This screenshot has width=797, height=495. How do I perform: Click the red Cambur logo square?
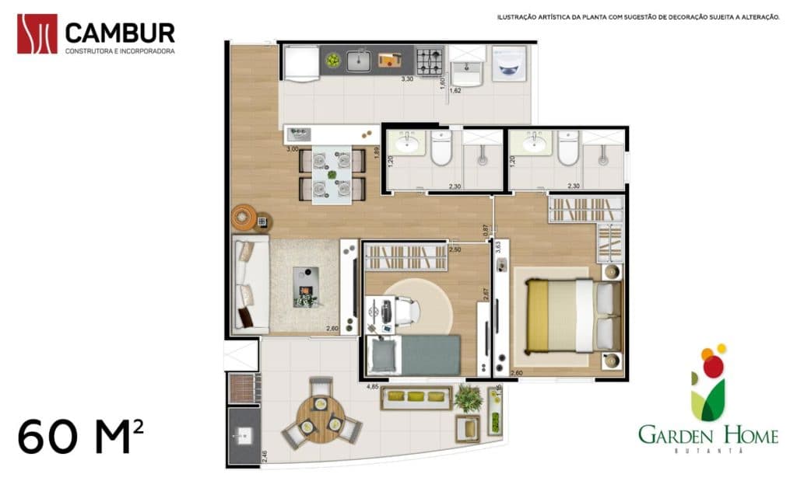coord(37,34)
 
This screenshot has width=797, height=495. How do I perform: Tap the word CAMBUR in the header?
coord(120,33)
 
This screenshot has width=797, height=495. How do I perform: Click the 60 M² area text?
coord(80,436)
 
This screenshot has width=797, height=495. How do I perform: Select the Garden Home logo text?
coord(707,435)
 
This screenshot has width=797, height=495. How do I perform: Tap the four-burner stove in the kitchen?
coord(429,60)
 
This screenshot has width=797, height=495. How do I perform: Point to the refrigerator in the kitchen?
coord(300,63)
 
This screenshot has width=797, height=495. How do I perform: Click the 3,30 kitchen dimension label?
coord(406,79)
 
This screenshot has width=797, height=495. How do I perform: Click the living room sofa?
coord(251,284)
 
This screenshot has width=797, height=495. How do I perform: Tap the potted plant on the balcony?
coord(468,397)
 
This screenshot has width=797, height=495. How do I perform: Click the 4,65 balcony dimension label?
coord(373,385)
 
